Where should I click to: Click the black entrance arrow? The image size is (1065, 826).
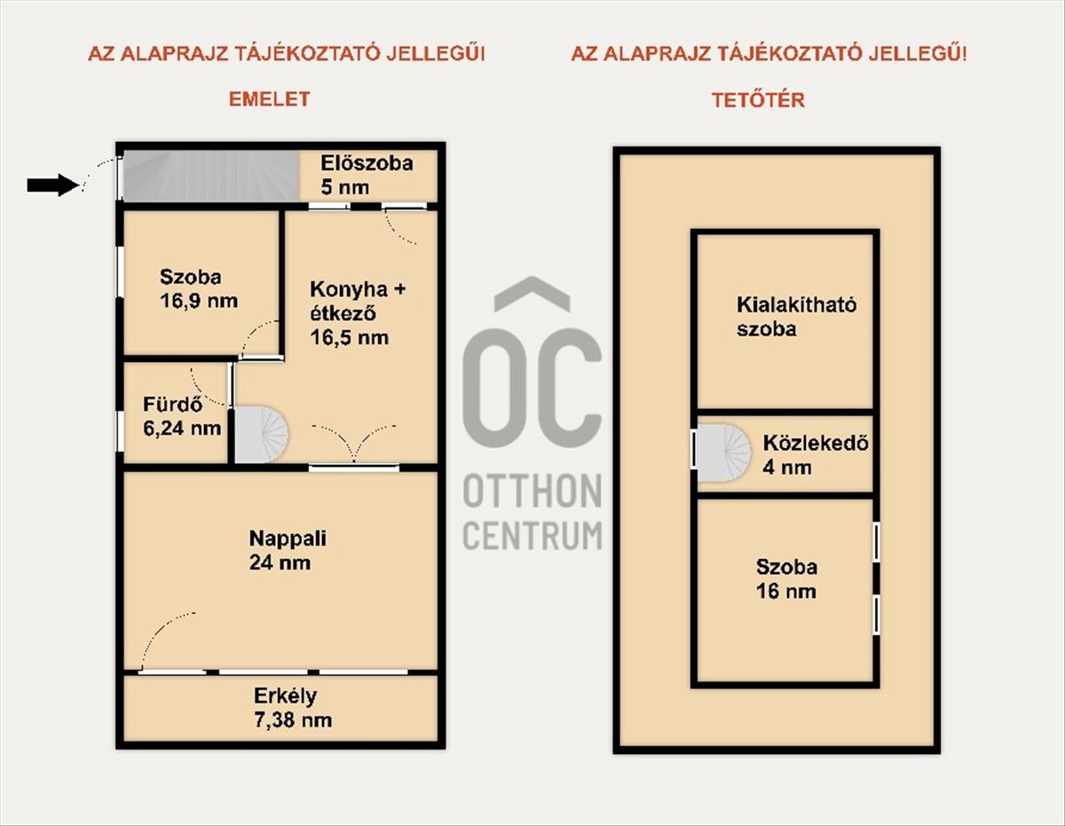point(53,185)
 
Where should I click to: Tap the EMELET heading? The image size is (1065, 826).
point(270,99)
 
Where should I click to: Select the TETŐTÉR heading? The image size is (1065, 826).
point(758,100)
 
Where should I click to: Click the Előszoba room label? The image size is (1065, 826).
point(367,163)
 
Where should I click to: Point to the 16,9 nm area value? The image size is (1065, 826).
point(199,301)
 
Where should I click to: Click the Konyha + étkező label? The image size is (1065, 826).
point(358,301)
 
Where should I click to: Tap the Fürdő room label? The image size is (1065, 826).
point(172,405)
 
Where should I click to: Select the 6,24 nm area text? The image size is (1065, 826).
point(182,429)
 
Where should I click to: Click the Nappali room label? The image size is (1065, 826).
point(288,539)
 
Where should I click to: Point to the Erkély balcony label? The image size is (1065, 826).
point(285,696)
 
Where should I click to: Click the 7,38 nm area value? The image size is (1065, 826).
point(293,720)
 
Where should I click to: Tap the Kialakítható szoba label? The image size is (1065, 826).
point(796,317)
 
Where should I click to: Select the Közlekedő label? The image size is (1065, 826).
point(816,444)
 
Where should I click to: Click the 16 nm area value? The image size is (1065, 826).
point(786,591)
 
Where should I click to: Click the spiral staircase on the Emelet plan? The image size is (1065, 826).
point(261,434)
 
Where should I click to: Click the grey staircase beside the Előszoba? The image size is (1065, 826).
point(210,176)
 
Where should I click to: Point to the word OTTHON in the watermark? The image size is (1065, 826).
point(532,492)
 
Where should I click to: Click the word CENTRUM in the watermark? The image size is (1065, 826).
point(532,535)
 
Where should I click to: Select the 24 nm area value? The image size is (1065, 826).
point(280,562)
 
